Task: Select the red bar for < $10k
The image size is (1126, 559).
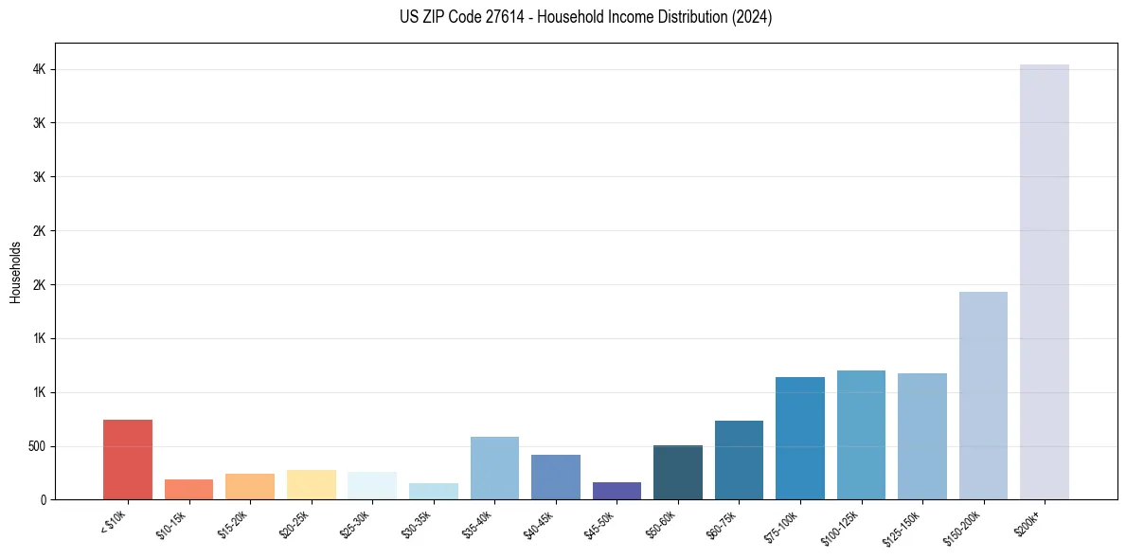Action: pos(128,460)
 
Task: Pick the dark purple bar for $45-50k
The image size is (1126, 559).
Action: pos(617,491)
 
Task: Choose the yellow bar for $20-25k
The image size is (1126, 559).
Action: pos(312,484)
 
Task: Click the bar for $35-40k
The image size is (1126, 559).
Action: pos(494,468)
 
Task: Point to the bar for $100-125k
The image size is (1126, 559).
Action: pos(861,435)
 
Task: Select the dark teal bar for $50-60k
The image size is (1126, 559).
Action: pos(678,472)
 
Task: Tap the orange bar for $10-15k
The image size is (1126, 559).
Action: pos(188,489)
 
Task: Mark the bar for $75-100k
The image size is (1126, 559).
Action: pos(800,438)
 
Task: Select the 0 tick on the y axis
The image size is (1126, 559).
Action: pos(43,500)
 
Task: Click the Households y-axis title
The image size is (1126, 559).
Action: pos(15,271)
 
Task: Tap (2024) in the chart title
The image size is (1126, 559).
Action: pos(753,17)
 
